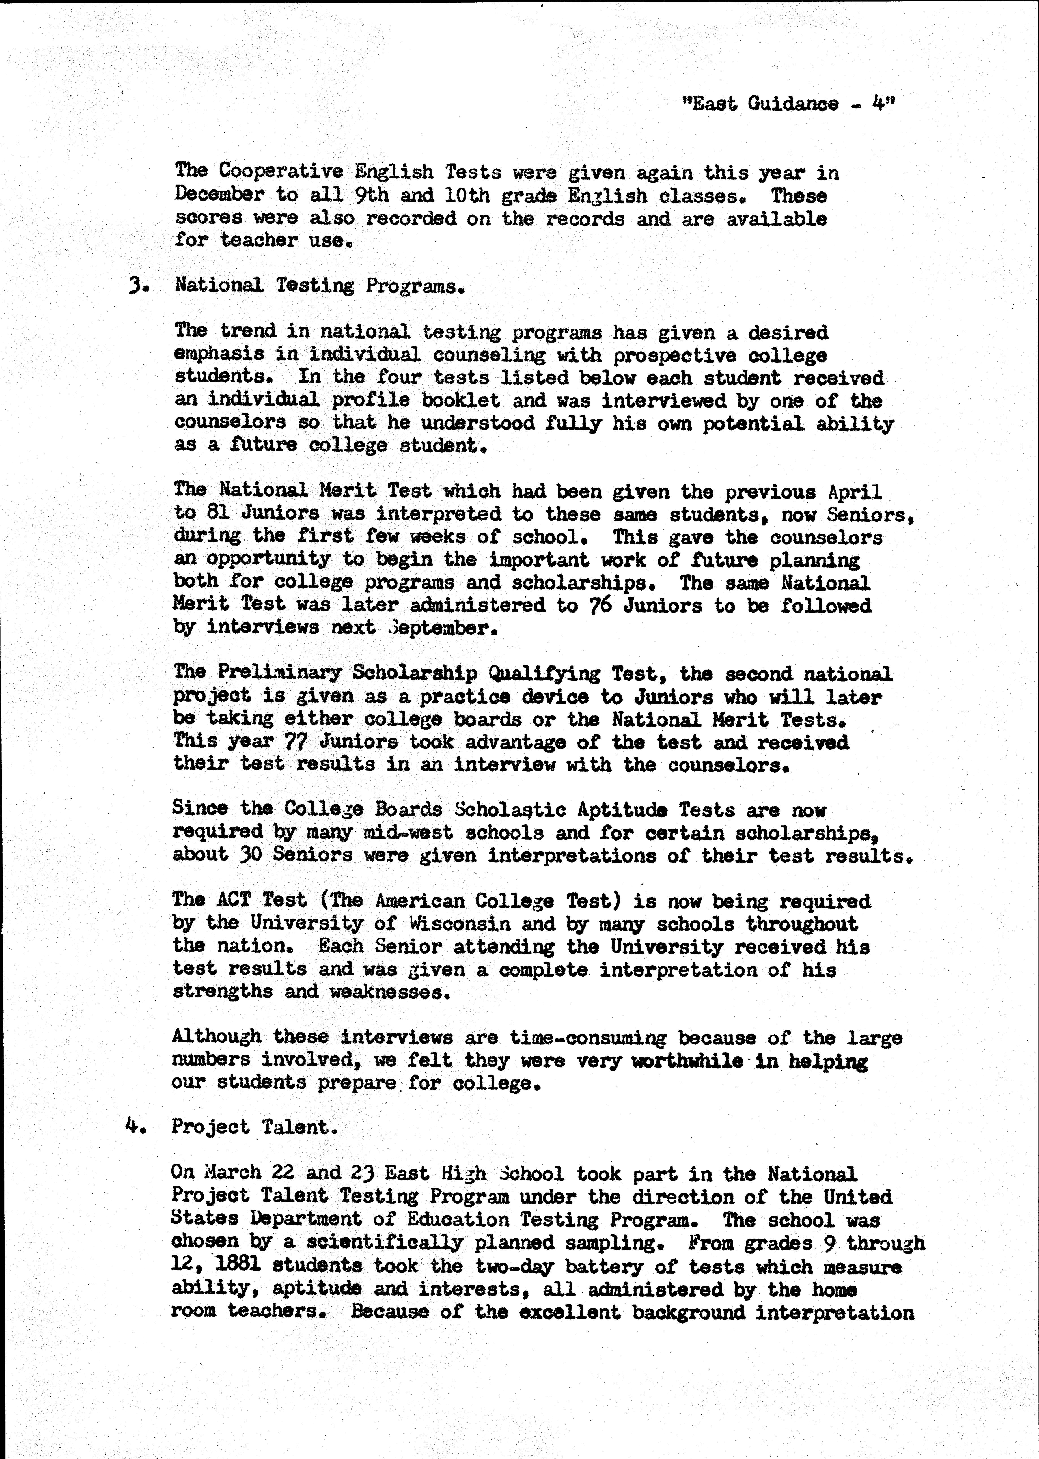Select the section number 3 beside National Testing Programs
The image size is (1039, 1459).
(135, 285)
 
